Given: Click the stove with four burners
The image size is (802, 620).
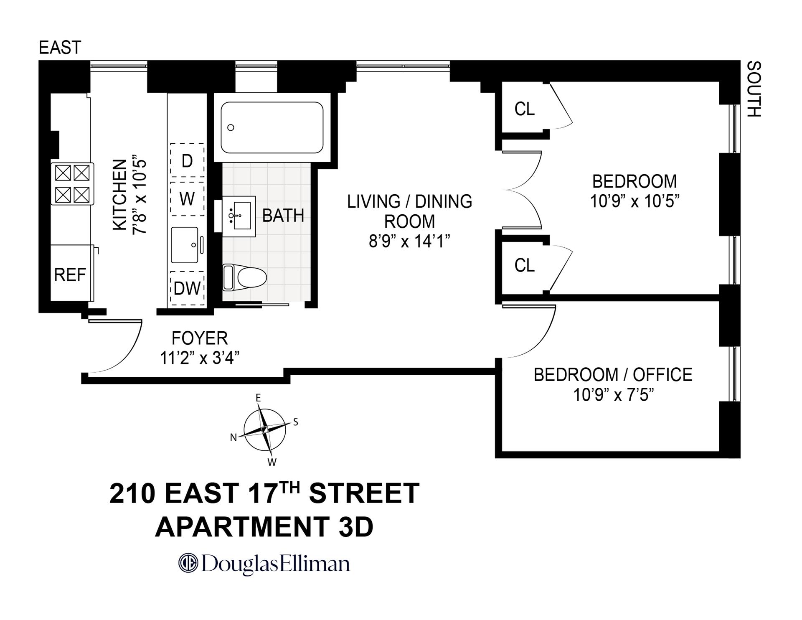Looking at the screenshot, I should click(x=72, y=184).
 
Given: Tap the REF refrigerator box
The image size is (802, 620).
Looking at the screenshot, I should click(x=70, y=274).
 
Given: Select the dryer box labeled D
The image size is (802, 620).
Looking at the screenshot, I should click(x=187, y=160).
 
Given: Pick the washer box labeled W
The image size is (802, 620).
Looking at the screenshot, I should click(x=187, y=199).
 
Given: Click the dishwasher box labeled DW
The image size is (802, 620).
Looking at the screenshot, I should click(x=187, y=288).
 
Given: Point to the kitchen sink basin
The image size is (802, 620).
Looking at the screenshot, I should click(x=185, y=245).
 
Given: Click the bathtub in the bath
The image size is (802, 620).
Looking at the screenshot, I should click(x=272, y=127).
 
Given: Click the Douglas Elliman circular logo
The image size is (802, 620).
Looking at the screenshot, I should click(x=188, y=563).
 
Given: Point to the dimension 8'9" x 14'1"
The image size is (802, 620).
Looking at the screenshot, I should click(x=409, y=241).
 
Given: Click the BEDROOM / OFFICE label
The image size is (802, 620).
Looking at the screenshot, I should click(x=613, y=375).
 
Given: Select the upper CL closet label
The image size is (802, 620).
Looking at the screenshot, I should click(x=524, y=109).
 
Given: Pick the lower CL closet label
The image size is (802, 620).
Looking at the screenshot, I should click(x=524, y=265).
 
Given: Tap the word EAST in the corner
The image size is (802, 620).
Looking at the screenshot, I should click(x=60, y=48).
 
